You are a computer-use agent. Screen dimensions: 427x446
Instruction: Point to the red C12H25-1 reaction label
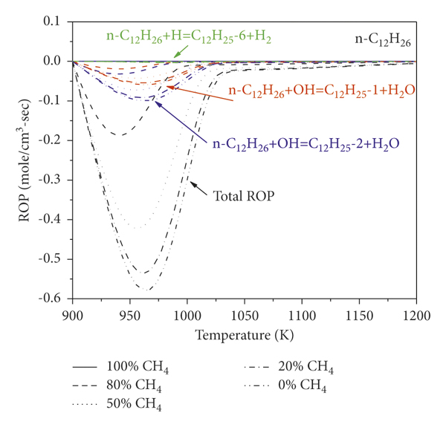[x=321, y=91]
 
